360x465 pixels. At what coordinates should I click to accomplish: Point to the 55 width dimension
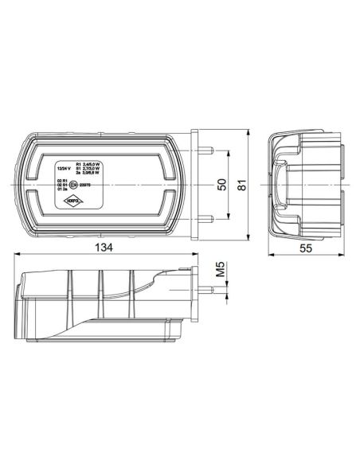pyautogui.click(x=304, y=247)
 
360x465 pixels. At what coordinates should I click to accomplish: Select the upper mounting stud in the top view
pyautogui.click(x=209, y=150)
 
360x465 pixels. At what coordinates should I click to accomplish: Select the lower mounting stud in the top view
pyautogui.click(x=209, y=219)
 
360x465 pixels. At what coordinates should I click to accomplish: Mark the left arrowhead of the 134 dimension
pyautogui.click(x=18, y=256)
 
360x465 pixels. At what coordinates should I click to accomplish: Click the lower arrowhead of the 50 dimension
pyautogui.click(x=232, y=217)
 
